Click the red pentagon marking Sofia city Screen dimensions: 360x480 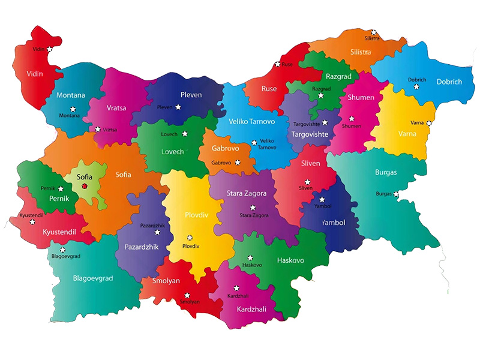(x=85, y=186)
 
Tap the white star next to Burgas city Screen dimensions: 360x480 (x=397, y=194)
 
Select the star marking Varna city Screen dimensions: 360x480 (x=429, y=123)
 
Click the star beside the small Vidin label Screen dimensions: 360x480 (x=50, y=49)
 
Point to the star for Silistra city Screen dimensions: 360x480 (x=374, y=32)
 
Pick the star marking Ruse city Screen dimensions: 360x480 (x=277, y=64)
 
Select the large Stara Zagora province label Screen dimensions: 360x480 (x=246, y=193)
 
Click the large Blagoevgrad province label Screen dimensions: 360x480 (x=92, y=278)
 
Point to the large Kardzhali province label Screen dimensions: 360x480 (x=251, y=310)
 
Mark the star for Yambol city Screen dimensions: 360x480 (x=322, y=199)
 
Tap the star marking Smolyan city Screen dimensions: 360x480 (x=188, y=295)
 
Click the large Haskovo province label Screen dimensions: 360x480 (x=290, y=261)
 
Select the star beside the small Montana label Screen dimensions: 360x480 (x=73, y=109)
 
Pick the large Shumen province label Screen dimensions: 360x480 (x=361, y=98)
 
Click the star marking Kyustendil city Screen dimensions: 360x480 (x=32, y=221)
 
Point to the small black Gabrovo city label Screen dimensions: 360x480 (x=221, y=163)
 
